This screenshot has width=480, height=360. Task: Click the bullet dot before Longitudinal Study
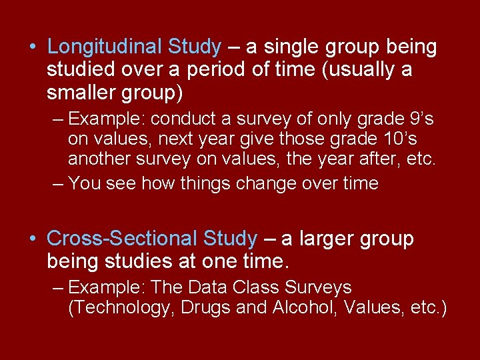click(x=33, y=48)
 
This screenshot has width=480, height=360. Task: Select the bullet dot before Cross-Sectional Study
click(x=33, y=239)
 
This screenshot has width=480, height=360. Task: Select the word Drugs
click(x=214, y=309)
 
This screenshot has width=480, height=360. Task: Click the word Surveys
click(x=319, y=288)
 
